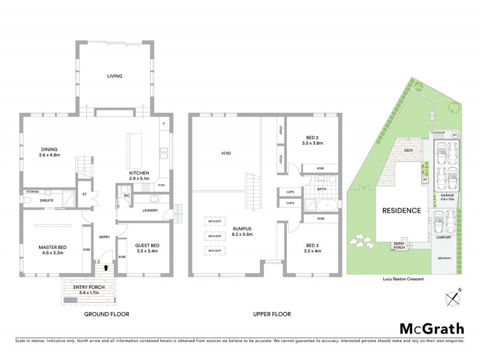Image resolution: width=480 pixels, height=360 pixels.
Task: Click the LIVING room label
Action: (x=114, y=76)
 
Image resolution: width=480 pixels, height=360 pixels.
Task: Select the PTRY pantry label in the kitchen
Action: (x=161, y=186)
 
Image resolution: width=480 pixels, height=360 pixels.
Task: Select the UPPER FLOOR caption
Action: (x=272, y=314)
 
